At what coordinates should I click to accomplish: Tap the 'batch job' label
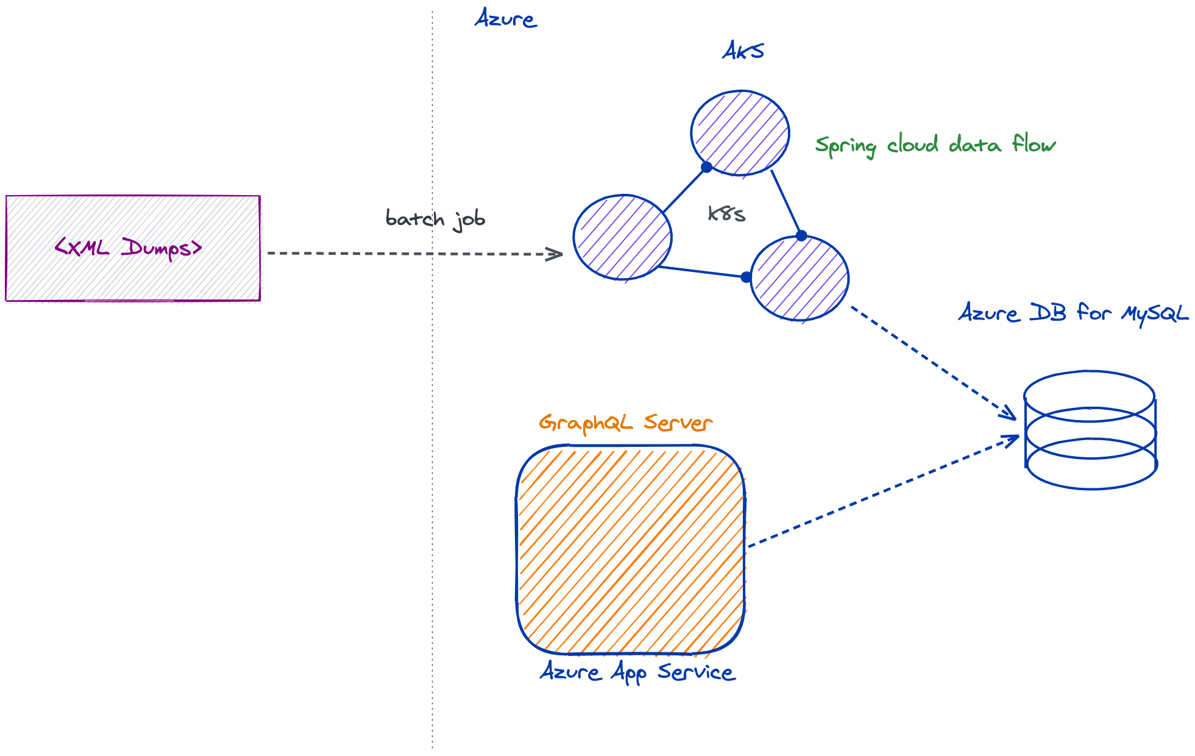435,219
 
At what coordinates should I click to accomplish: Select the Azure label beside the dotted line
505,19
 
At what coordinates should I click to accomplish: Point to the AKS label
743,51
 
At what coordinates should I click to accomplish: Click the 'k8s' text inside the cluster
726,213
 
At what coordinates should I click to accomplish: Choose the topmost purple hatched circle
740,133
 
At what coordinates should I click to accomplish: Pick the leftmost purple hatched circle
622,237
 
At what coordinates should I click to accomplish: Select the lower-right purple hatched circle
799,278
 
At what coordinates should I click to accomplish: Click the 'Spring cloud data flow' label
935,145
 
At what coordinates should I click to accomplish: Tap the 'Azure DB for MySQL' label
1073,313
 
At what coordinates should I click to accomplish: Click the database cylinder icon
1090,430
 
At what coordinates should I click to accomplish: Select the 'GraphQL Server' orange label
625,423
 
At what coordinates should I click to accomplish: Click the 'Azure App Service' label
637,672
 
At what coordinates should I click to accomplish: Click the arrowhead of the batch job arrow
555,254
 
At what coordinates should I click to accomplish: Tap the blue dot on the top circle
706,167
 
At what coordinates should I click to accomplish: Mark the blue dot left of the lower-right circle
746,277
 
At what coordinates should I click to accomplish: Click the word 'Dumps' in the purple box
162,248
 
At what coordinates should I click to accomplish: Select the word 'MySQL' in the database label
1155,313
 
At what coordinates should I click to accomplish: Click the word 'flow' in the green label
1034,144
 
